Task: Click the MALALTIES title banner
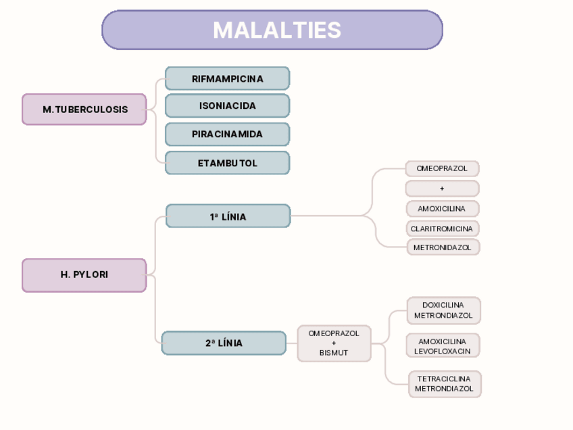[x=272, y=30]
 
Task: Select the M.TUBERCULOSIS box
[x=84, y=110]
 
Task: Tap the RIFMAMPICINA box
[x=227, y=78]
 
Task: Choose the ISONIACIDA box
[x=227, y=105]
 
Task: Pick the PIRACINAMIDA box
[x=227, y=134]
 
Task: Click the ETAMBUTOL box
[x=227, y=163]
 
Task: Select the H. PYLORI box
[x=84, y=275]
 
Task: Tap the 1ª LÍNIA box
[x=228, y=216]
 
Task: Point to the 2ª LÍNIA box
[x=224, y=343]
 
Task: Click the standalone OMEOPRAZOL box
[x=442, y=168]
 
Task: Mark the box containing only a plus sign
[x=442, y=189]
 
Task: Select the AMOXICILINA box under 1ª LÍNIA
[x=443, y=209]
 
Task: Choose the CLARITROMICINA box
[x=443, y=229]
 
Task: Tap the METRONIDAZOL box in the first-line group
[x=443, y=247]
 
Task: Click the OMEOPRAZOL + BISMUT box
[x=334, y=343]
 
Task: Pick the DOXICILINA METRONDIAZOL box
[x=444, y=310]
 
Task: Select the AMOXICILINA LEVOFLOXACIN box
[x=443, y=345]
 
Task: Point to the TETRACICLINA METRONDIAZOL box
[x=445, y=384]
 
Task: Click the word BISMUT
[x=334, y=353]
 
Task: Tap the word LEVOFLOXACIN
[x=442, y=352]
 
